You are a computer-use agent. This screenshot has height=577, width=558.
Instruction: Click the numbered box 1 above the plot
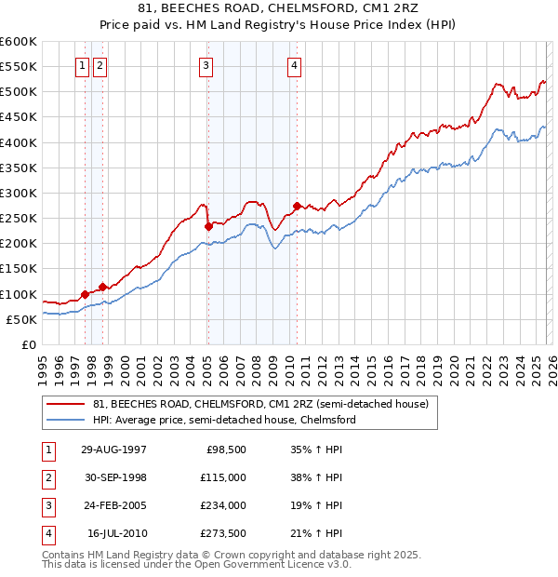[84, 65]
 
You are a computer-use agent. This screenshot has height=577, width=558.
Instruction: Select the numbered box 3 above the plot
[206, 65]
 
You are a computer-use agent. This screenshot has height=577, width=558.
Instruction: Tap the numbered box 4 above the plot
[294, 65]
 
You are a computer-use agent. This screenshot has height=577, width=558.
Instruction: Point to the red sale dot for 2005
[208, 226]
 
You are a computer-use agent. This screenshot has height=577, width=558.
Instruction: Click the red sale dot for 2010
[297, 206]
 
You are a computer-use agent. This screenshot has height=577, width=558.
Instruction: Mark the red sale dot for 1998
[102, 287]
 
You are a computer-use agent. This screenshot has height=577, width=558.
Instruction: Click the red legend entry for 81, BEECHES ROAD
[260, 405]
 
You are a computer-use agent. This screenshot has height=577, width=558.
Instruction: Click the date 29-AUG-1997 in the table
[113, 450]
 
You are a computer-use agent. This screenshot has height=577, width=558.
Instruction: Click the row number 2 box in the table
[46, 477]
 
